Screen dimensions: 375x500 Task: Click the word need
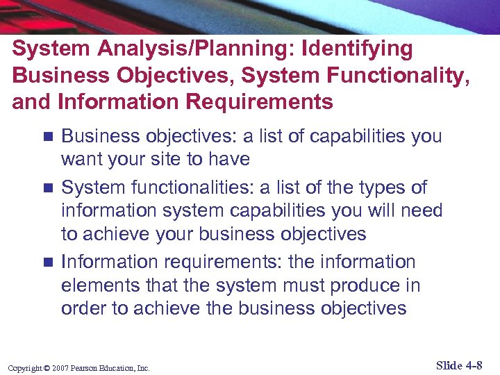click(x=419, y=210)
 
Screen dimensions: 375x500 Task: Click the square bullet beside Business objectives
click(x=47, y=136)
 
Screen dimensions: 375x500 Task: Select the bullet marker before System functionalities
click(x=47, y=187)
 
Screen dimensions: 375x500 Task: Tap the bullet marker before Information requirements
click(x=47, y=262)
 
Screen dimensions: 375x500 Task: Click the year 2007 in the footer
click(x=58, y=367)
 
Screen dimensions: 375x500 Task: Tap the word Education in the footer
click(x=119, y=367)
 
